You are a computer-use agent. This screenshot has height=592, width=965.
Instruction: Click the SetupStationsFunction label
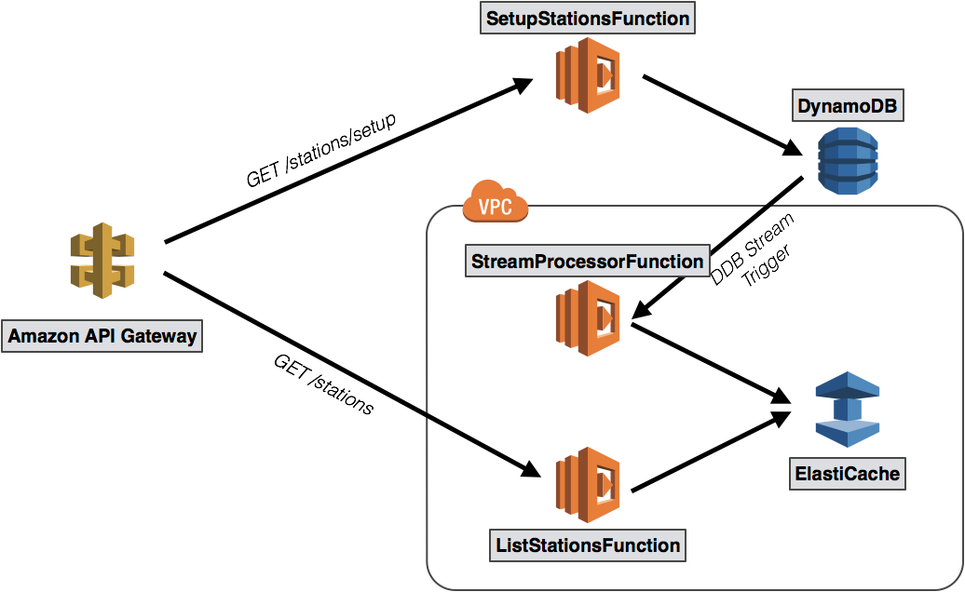click(x=588, y=19)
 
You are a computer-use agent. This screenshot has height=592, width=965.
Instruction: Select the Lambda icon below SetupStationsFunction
click(x=588, y=75)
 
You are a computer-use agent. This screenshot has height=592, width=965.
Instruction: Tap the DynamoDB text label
click(x=848, y=107)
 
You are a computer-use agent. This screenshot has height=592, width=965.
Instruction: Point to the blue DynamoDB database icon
click(x=848, y=161)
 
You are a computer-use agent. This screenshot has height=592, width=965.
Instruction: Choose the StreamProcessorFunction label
click(x=588, y=262)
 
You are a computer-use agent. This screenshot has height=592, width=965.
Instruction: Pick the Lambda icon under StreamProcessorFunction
click(x=588, y=318)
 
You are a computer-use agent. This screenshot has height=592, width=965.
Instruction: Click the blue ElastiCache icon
click(x=848, y=410)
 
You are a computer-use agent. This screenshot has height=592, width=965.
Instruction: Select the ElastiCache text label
click(x=848, y=474)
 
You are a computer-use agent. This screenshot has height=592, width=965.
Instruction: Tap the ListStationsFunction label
click(x=588, y=545)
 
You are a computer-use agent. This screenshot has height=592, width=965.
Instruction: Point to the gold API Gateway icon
click(x=102, y=261)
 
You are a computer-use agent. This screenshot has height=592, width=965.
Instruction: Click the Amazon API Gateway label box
click(x=102, y=336)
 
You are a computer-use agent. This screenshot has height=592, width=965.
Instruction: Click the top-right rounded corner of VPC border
click(x=954, y=215)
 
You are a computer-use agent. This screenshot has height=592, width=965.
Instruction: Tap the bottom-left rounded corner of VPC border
click(x=436, y=580)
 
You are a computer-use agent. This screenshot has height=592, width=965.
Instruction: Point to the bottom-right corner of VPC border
click(x=954, y=580)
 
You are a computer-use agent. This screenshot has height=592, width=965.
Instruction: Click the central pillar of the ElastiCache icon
click(x=848, y=410)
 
